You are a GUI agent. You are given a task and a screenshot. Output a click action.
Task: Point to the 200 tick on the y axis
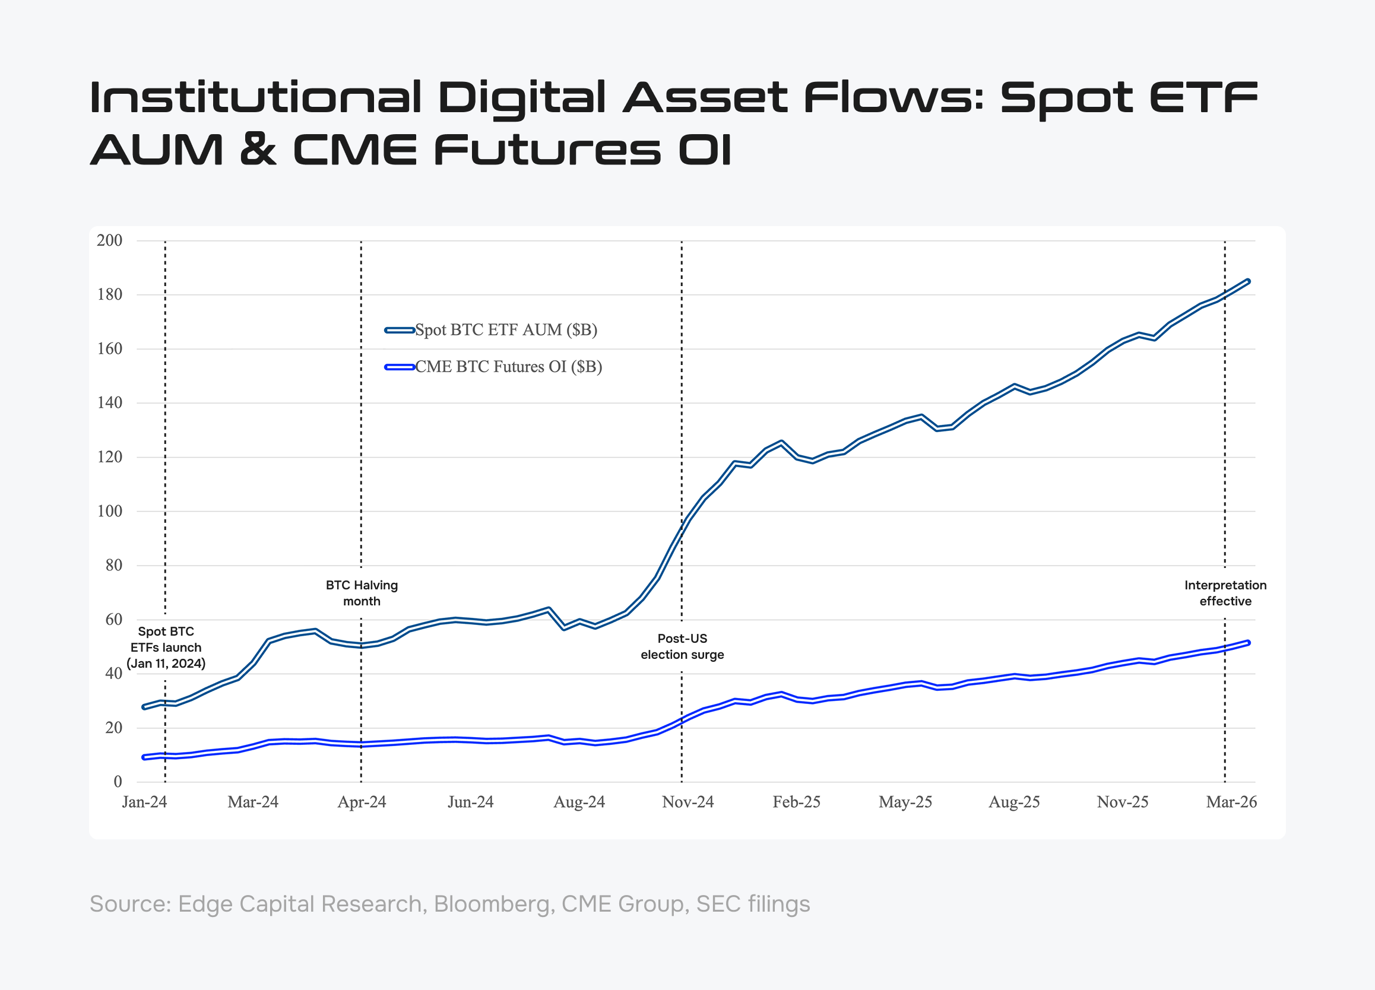click(x=110, y=241)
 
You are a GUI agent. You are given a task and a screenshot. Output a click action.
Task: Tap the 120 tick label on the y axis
click(x=110, y=457)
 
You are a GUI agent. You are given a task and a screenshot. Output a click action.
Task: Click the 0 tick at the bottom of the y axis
click(x=118, y=782)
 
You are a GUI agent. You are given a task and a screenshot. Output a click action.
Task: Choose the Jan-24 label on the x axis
click(x=144, y=802)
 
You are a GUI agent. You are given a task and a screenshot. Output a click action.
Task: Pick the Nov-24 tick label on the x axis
click(x=687, y=802)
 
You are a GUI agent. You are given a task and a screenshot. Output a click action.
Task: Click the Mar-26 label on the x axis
click(x=1231, y=802)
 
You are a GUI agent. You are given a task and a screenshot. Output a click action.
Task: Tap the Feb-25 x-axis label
click(x=796, y=802)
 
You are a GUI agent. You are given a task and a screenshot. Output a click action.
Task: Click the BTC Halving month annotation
click(x=362, y=593)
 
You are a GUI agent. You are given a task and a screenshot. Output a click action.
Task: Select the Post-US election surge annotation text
click(x=682, y=646)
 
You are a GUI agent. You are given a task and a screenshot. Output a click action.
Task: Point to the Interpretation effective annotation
click(x=1225, y=593)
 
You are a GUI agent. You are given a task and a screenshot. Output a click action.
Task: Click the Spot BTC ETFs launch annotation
click(x=166, y=647)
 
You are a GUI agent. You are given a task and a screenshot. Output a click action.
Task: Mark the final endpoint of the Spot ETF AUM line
click(x=1248, y=281)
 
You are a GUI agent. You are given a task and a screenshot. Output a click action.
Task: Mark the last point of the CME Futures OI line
click(x=1248, y=642)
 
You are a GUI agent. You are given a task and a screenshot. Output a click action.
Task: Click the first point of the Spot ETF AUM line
click(x=144, y=707)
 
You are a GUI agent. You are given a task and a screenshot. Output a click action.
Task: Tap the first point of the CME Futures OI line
click(x=144, y=757)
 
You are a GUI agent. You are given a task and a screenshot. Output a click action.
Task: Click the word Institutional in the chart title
click(x=255, y=97)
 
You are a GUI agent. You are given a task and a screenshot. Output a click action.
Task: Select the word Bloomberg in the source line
click(x=492, y=904)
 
